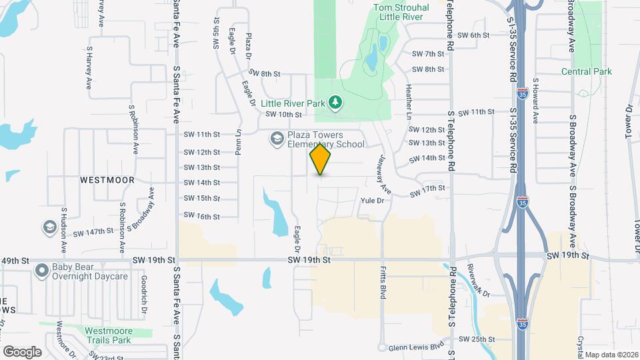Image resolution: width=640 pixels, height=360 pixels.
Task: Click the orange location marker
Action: click(321, 159)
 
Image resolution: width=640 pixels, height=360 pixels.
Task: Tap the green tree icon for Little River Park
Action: click(337, 102)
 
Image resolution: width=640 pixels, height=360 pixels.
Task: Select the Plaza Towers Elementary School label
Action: click(326, 139)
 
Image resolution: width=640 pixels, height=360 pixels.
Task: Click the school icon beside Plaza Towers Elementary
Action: click(276, 139)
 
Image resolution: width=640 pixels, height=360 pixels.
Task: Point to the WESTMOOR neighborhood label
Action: click(107, 180)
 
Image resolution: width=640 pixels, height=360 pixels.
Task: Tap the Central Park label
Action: click(586, 71)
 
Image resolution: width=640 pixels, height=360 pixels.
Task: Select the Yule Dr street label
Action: click(372, 200)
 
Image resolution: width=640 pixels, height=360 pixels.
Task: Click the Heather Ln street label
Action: click(408, 103)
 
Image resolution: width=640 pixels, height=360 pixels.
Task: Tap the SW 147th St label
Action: click(94, 232)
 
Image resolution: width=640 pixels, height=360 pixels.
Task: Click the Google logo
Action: click(23, 351)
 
